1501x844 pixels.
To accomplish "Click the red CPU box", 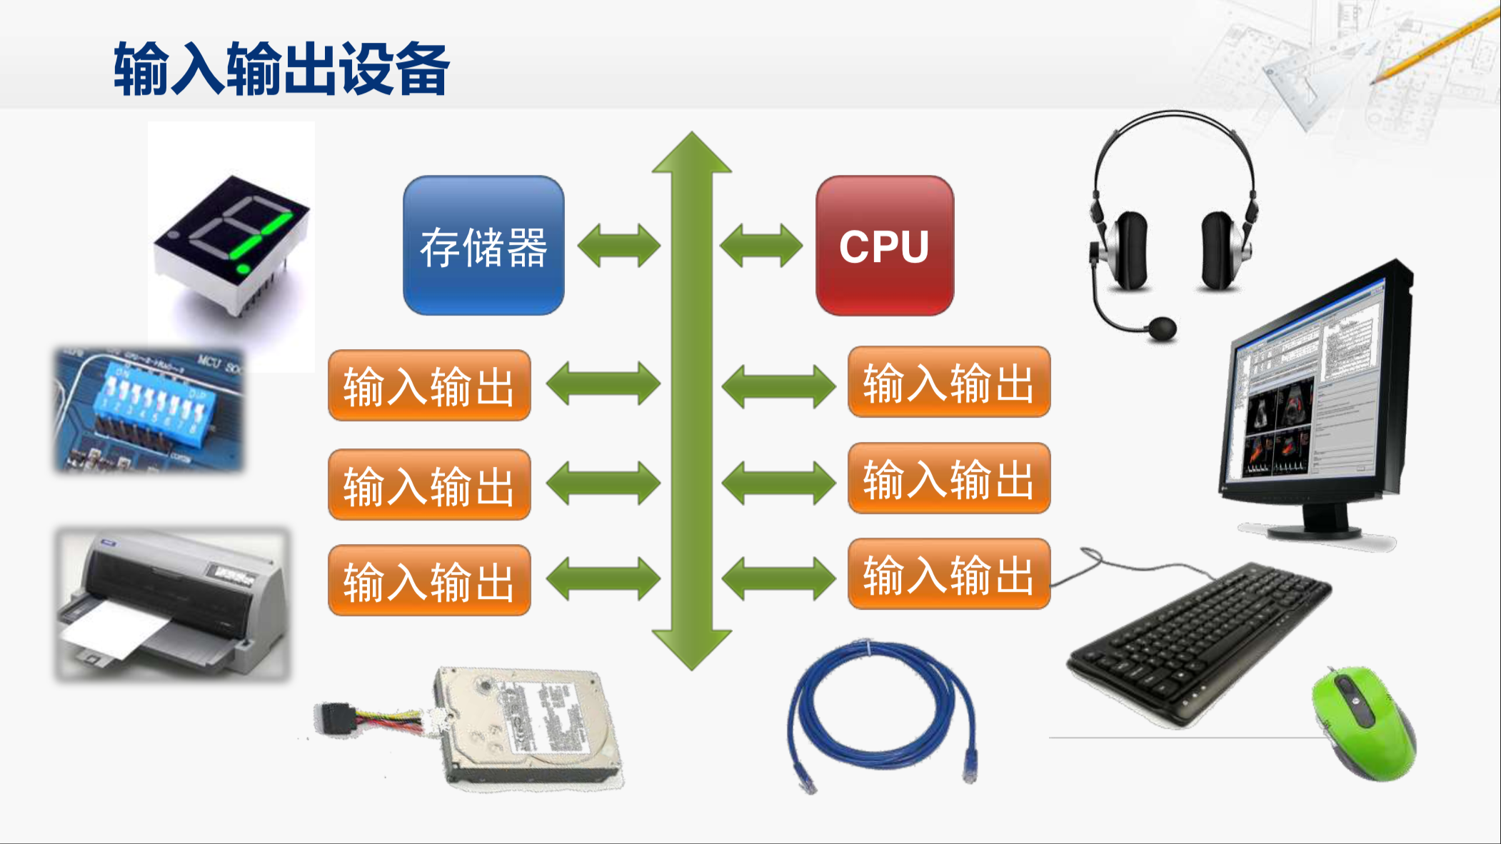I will [x=884, y=246].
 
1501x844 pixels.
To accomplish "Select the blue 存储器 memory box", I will [x=483, y=246].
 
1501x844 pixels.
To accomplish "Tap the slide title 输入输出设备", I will [x=281, y=69].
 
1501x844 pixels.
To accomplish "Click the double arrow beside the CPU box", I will [x=760, y=246].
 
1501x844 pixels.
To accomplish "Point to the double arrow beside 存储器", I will [x=618, y=246].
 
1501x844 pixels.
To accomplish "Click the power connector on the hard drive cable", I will [x=336, y=717].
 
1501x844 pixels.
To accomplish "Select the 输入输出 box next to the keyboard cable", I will [x=948, y=574].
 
